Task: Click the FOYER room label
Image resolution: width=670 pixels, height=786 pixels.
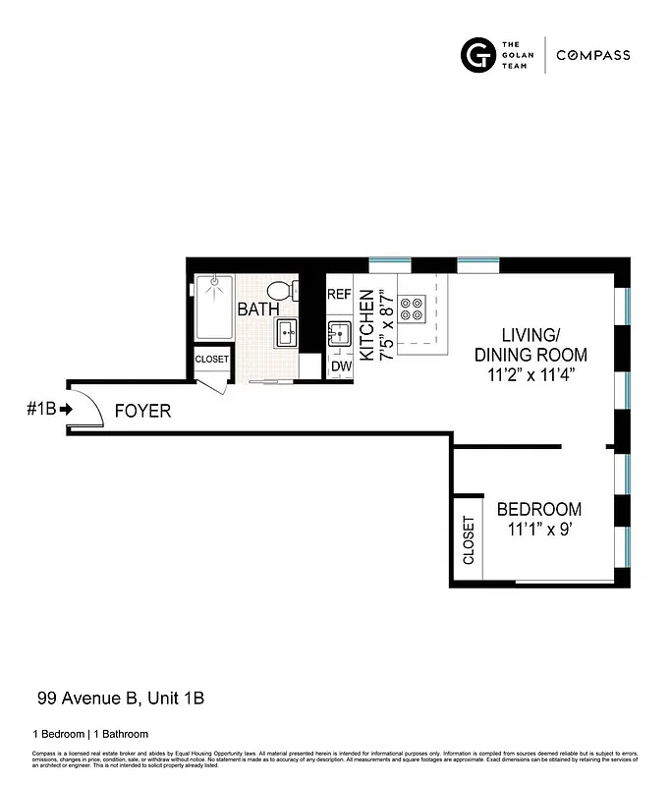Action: coord(142,411)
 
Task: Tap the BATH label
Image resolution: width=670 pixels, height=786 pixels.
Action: coord(257,309)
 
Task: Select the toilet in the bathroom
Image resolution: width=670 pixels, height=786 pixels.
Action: coord(280,291)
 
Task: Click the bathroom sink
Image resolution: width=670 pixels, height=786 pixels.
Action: coord(287,333)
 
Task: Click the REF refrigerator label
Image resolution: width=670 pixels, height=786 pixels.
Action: coord(339,294)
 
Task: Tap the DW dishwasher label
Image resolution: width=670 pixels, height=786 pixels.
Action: coord(341,366)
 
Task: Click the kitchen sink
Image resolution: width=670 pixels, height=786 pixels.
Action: coord(340,332)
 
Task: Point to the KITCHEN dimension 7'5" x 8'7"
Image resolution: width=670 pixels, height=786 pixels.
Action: coord(376,325)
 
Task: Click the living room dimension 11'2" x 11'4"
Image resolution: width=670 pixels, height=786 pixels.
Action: coord(530,374)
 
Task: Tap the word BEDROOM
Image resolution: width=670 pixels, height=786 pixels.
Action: coord(538,509)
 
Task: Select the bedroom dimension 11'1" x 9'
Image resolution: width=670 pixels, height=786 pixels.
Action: coord(538,530)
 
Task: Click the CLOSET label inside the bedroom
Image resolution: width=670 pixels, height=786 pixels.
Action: coord(469,540)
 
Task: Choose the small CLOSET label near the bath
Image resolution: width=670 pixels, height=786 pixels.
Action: coord(211,360)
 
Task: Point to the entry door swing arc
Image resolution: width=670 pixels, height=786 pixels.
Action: coord(86,405)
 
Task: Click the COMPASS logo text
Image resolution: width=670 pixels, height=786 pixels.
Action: coord(593,56)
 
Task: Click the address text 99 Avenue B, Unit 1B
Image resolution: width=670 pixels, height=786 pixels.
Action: coord(121,699)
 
